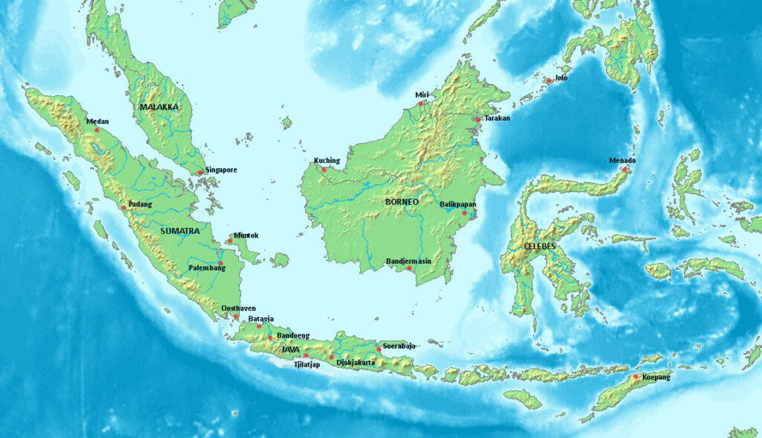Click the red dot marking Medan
coord(97,130)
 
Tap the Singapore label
coord(222,170)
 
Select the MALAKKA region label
coord(159,107)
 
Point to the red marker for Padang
coord(124,207)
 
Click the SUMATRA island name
coord(179,231)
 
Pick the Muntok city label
coord(246,235)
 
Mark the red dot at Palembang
coord(221,263)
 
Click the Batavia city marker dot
coord(260,326)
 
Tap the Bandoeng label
coord(293,336)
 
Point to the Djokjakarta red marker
coord(331,357)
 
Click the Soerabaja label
coord(399,346)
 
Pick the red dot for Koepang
coord(635,377)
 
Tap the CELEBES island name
coord(539,246)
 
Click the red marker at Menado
coord(624,169)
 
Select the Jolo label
coord(561,77)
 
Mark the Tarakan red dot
coord(478,119)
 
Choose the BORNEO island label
coord(402,202)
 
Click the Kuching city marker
coord(324,169)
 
